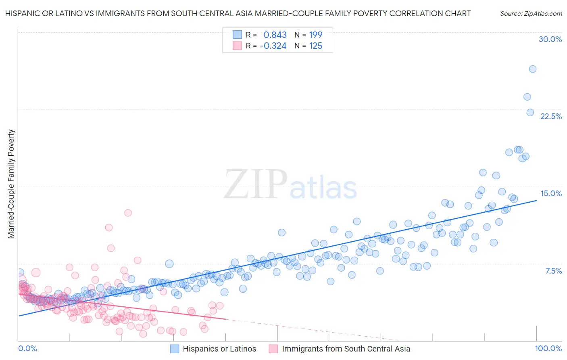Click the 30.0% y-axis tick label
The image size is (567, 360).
[550, 39]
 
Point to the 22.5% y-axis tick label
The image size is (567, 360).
[551, 116]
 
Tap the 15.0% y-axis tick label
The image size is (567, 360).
[551, 193]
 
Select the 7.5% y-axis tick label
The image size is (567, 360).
[553, 271]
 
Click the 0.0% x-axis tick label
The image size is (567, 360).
[27, 348]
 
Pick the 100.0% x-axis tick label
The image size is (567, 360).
[548, 348]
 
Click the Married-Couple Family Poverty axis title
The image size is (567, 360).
[11, 184]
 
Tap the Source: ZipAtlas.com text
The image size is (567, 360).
[531, 14]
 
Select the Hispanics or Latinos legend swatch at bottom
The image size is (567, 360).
[175, 349]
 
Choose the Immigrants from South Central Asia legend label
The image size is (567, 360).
[346, 349]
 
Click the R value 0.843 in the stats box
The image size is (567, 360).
[275, 35]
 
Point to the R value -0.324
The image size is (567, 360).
[273, 46]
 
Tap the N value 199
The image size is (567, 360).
[315, 35]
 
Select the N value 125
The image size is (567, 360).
[315, 46]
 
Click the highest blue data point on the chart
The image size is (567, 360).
[532, 69]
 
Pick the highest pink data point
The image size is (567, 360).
[128, 213]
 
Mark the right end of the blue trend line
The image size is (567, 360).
[536, 200]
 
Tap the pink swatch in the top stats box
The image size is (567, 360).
[238, 46]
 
